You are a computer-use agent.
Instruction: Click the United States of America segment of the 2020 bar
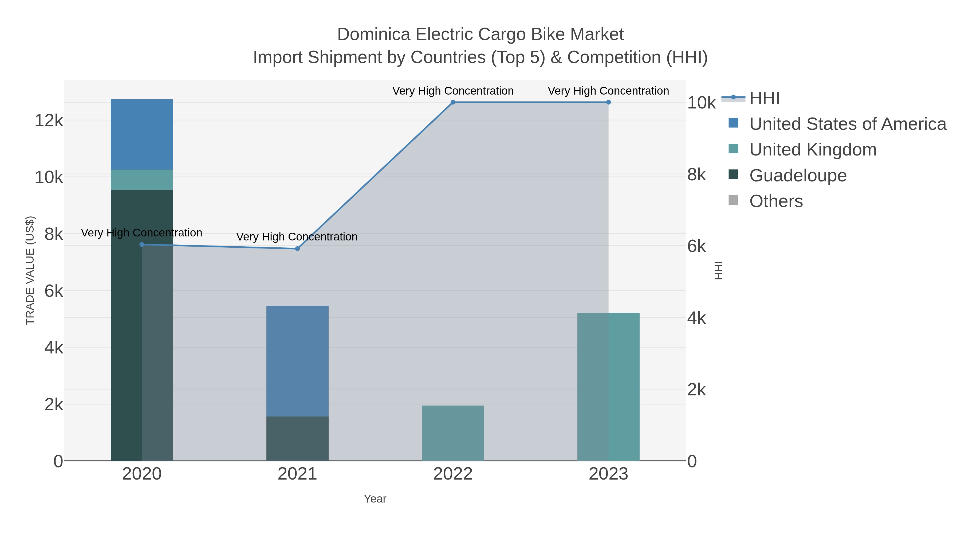tap(142, 134)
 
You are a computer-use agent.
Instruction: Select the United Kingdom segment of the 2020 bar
tap(142, 180)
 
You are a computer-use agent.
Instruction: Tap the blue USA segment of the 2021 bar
tap(297, 361)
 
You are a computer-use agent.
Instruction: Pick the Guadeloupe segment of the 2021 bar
tap(297, 438)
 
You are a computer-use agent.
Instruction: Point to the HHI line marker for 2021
tap(297, 249)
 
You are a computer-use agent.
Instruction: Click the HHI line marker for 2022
tap(453, 102)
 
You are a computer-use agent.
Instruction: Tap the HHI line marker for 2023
tap(608, 102)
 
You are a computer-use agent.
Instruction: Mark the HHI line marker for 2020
tap(142, 244)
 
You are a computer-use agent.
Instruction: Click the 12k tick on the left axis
tap(49, 120)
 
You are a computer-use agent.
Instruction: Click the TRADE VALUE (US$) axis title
tap(30, 270)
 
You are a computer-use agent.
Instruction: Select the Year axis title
tap(375, 499)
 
